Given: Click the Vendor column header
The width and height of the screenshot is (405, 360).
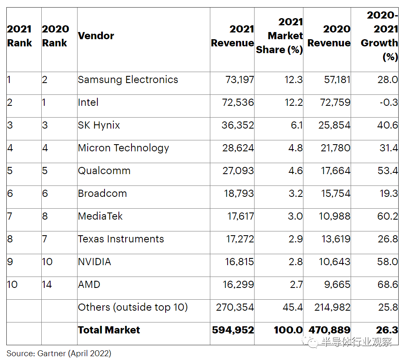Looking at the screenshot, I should tap(96, 36).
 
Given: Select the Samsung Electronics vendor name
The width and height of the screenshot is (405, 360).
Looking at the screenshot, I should tap(128, 80).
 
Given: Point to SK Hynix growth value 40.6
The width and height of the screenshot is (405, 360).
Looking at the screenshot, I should tap(388, 125).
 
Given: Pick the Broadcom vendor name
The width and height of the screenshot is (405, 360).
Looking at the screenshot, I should tap(102, 193).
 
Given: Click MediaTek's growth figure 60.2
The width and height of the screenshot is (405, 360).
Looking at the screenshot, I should tap(388, 216).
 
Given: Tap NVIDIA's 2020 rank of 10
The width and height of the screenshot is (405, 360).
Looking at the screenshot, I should tap(47, 262).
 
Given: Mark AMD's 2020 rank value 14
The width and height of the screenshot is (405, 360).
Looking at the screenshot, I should tap(47, 285).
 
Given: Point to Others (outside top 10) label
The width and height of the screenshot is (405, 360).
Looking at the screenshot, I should tap(133, 307).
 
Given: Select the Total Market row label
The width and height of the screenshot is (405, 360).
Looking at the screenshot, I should tap(109, 330).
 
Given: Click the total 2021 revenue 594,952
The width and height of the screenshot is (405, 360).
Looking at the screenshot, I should tap(233, 330).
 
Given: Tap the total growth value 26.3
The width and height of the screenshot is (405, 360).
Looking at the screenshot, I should tap(388, 330).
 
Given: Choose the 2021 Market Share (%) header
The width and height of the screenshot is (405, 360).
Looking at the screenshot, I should tap(279, 36).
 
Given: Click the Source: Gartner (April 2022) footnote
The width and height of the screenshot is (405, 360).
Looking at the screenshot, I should tap(59, 353).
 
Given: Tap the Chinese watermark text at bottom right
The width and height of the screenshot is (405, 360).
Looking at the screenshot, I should tap(356, 342).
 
